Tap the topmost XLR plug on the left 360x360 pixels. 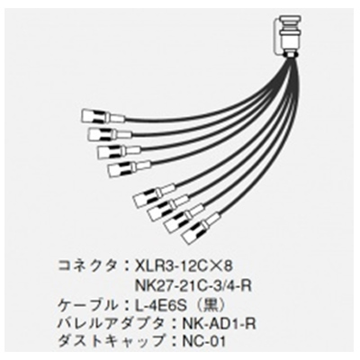click(x=103, y=116)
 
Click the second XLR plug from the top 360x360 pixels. click(x=110, y=133)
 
